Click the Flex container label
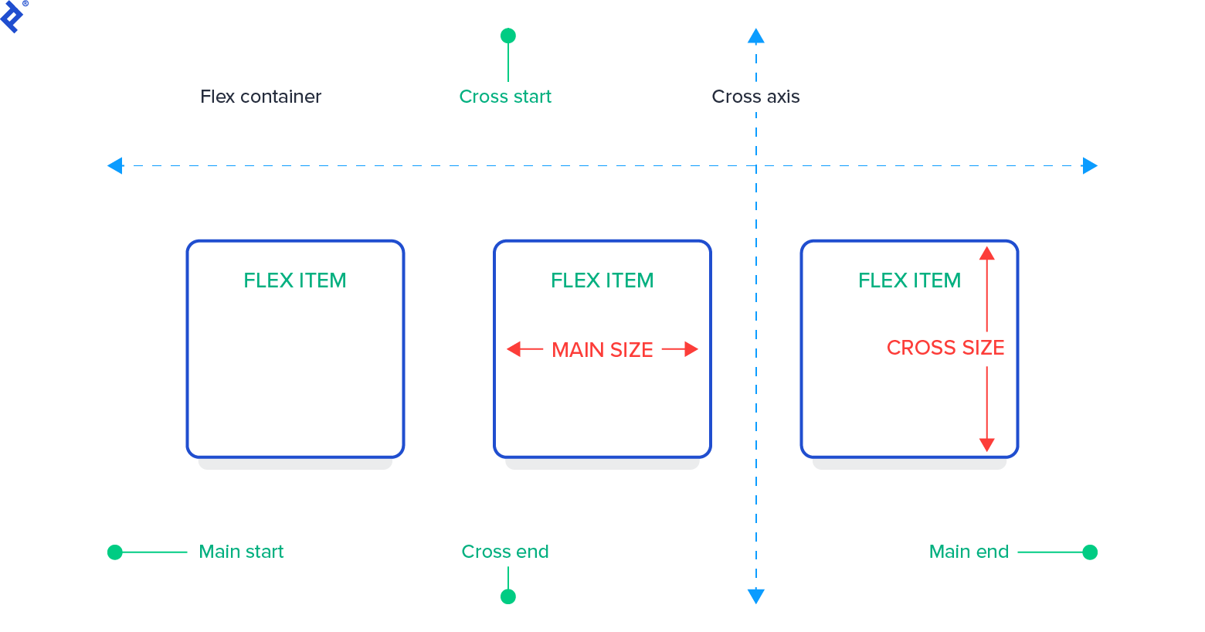[x=260, y=97]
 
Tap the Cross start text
[x=505, y=97]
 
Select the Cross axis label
[x=755, y=97]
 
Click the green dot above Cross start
[x=508, y=36]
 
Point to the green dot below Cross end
[x=508, y=596]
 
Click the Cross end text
[x=505, y=552]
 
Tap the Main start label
[x=241, y=552]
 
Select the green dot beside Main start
[x=115, y=552]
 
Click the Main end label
[x=969, y=552]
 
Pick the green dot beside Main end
[x=1090, y=552]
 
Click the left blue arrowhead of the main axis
[x=115, y=165]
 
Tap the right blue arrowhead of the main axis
[x=1090, y=165]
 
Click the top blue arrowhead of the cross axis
[x=756, y=36]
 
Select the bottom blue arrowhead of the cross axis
[x=756, y=596]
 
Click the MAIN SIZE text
[x=602, y=350]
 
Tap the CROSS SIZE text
[x=945, y=348]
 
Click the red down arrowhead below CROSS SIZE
[x=986, y=444]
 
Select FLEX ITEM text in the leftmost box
[x=295, y=280]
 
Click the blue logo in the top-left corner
[x=12, y=15]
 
